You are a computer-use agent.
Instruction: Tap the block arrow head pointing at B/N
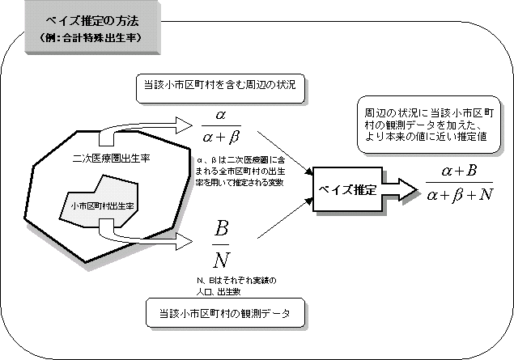pos(181,240)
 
